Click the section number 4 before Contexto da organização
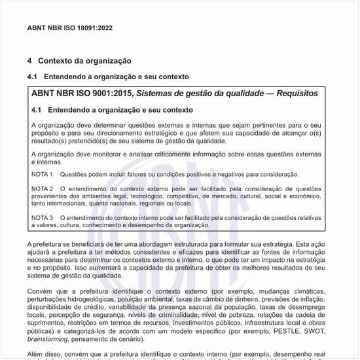tap(29, 61)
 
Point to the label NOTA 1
tap(42, 174)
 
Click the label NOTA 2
tap(42, 189)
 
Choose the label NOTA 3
tap(42, 217)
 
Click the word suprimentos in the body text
tap(49, 323)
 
